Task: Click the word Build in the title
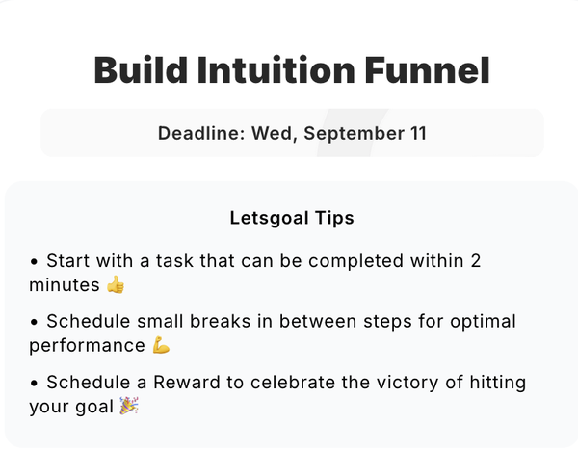tap(141, 70)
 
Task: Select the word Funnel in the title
tap(428, 70)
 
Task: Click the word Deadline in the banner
tap(201, 133)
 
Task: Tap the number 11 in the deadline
tap(418, 133)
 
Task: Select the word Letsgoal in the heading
tap(270, 218)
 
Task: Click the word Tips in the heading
tap(334, 218)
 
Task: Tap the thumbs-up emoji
tap(116, 284)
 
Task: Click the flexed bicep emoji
tap(161, 345)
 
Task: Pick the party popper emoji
tap(129, 406)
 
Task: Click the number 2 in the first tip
tap(476, 261)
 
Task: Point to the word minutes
tap(65, 284)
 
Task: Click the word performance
tap(87, 346)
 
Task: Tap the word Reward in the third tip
tap(187, 382)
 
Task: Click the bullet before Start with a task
tap(35, 262)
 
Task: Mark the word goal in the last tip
tap(94, 407)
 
